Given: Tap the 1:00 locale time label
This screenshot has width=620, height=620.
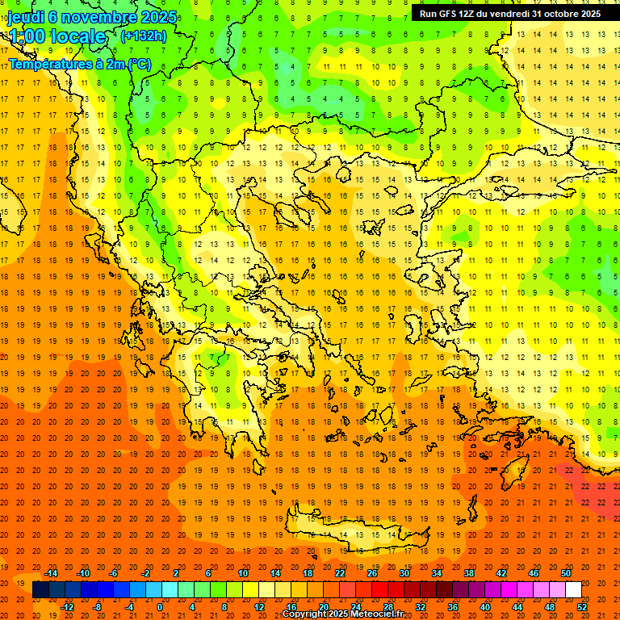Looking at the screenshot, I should pos(57,36).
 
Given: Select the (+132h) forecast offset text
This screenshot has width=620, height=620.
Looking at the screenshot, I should pos(143,36).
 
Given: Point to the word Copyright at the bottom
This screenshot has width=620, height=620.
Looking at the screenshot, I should pos(308,614).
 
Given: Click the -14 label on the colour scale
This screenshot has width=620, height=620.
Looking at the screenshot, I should pos(52,573).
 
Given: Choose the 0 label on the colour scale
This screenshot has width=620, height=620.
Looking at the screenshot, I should pos(159,606).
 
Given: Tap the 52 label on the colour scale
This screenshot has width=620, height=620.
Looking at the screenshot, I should pos(583,606).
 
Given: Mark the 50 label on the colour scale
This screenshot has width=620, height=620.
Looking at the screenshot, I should pos(566,573).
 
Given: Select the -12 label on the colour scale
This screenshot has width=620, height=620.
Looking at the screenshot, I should pos(68,606).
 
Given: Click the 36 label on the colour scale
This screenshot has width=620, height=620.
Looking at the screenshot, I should pos(453,606).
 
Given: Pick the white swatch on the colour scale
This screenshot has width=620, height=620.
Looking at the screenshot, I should pos(574,589).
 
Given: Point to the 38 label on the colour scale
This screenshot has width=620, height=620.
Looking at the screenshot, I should pos(469,573).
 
